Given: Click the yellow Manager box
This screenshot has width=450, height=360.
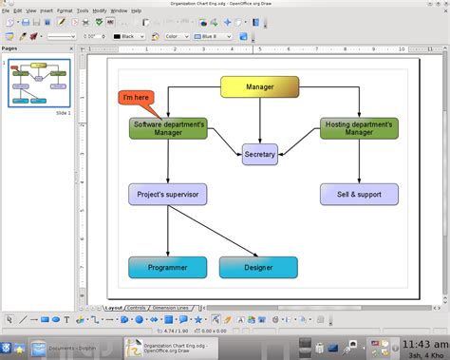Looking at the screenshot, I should (259, 87).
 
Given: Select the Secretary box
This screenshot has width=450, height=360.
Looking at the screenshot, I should (259, 154).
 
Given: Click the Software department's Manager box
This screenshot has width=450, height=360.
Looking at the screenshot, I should (168, 128).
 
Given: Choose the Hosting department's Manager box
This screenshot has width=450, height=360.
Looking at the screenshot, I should (359, 128).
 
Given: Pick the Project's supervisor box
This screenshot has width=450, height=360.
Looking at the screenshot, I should (168, 195).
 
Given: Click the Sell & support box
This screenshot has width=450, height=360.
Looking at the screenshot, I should (359, 195).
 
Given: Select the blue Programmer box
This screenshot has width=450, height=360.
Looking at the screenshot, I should (168, 267).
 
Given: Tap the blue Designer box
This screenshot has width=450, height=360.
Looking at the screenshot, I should (258, 267).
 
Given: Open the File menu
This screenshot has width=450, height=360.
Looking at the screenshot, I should (6, 10).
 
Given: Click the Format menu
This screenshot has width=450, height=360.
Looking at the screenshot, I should (64, 10).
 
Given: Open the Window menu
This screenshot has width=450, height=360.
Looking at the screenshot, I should (119, 10).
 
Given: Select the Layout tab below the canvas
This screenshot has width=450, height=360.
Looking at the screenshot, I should (114, 308).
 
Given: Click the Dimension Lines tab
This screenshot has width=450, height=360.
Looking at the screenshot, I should (170, 308).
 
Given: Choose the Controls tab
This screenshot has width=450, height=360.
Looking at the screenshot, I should (137, 308).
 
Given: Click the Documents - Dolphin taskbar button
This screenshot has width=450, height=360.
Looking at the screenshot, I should (74, 349).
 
